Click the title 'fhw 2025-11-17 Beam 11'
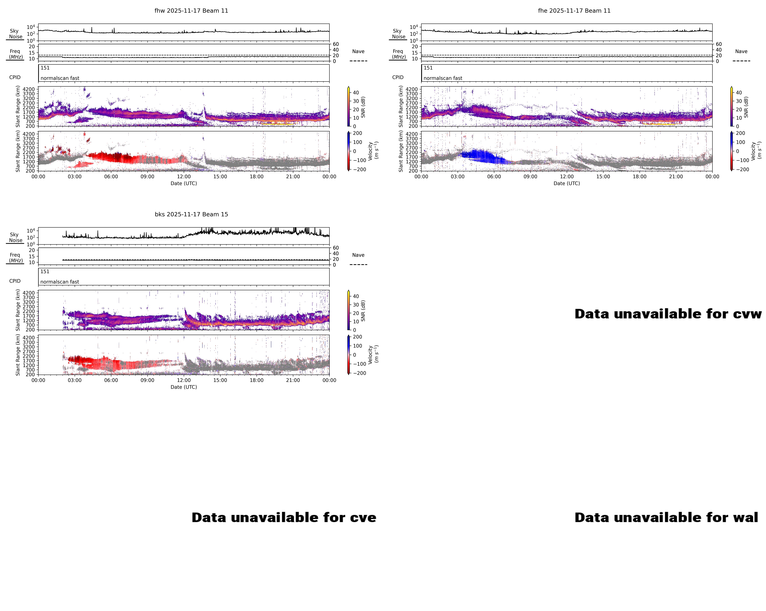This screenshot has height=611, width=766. [191, 11]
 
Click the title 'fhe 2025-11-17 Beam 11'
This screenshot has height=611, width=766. [574, 11]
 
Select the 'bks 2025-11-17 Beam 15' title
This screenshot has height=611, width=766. [191, 214]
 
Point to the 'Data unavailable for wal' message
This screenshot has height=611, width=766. [666, 518]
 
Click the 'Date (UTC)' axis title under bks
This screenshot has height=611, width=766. [184, 387]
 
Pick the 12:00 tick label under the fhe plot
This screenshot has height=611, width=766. [567, 177]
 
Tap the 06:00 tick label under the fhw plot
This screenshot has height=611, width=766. [111, 177]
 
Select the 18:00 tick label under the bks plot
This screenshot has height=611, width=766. [256, 380]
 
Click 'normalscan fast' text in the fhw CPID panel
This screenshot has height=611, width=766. [60, 78]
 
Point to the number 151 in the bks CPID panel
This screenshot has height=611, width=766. [45, 271]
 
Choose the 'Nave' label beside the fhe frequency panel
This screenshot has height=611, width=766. [741, 52]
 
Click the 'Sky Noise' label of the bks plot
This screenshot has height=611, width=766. [15, 237]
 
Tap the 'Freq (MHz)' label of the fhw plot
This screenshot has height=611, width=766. [15, 54]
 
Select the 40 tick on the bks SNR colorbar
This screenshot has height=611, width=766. [356, 296]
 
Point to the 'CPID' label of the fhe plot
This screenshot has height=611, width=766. [398, 77]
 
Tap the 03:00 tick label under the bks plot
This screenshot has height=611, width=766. [75, 380]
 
